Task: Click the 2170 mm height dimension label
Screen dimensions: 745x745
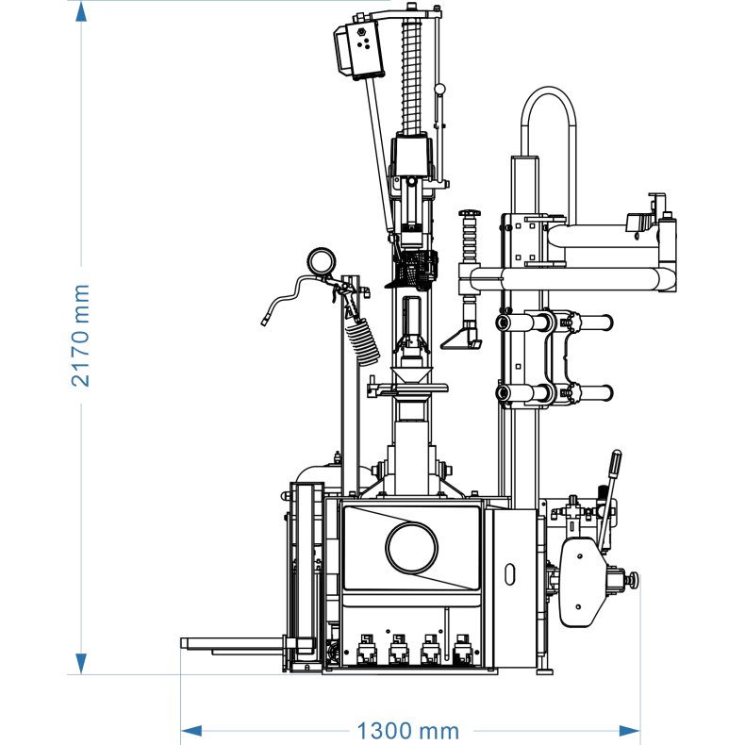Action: [81, 335]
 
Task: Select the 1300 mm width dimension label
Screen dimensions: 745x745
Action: [406, 731]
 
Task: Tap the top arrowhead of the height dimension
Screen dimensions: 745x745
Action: [81, 12]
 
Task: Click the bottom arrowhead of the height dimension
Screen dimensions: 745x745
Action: [81, 662]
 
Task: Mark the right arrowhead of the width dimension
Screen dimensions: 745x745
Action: [629, 730]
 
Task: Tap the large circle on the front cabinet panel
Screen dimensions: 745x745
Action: [412, 546]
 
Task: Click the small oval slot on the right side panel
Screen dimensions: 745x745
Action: [510, 574]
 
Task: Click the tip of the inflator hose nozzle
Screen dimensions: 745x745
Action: [264, 323]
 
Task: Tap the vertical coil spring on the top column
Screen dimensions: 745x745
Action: [410, 75]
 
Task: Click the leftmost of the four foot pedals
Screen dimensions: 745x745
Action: [365, 649]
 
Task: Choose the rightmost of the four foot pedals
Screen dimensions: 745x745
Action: [462, 649]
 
